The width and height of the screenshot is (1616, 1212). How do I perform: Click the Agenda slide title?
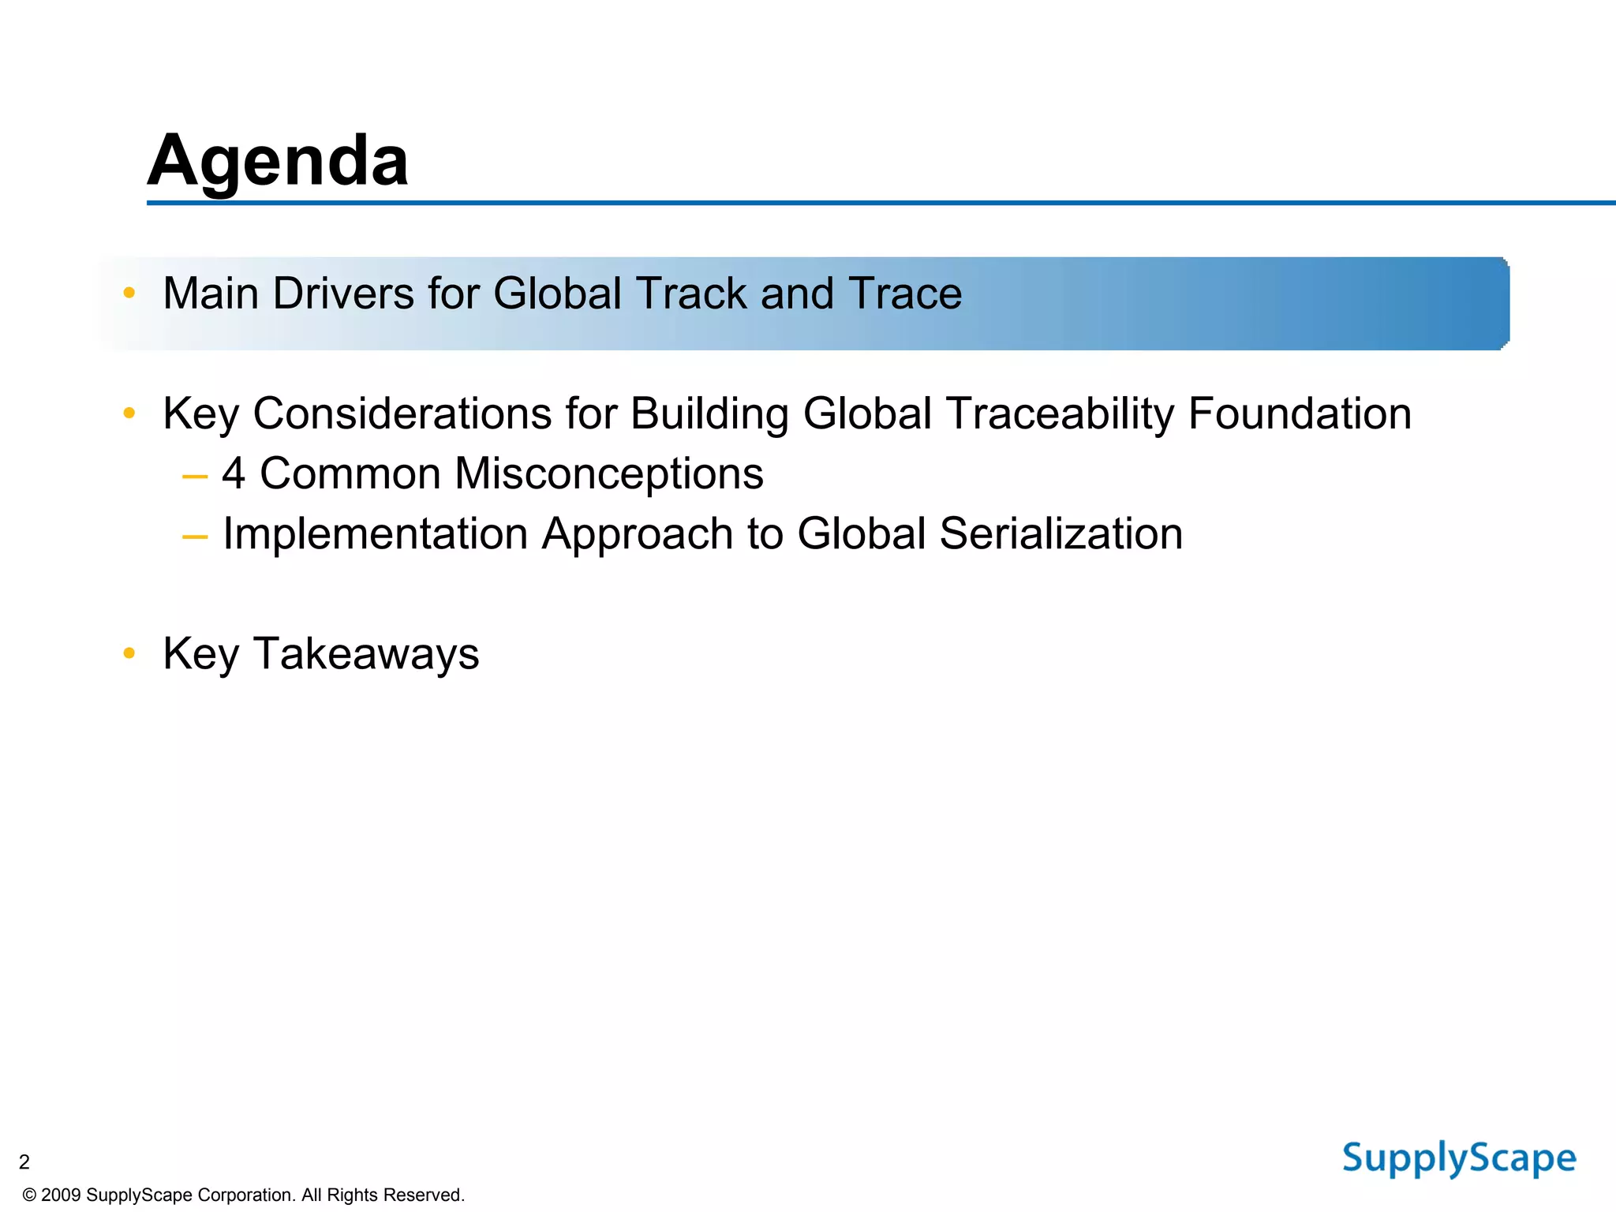click(x=278, y=161)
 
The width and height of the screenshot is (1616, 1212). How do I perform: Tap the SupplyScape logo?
click(x=1459, y=1159)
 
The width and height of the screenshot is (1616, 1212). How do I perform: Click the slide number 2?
click(x=24, y=1161)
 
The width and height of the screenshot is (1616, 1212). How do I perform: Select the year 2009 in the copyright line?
click(x=61, y=1195)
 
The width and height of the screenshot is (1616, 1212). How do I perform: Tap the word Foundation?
click(x=1300, y=413)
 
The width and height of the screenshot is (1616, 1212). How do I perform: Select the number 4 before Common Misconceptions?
click(x=234, y=473)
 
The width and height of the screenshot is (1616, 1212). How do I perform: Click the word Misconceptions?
click(x=608, y=473)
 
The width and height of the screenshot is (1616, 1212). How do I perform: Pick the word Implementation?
click(x=375, y=533)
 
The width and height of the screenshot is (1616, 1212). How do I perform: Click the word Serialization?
click(x=1060, y=533)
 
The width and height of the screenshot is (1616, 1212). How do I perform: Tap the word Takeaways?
click(x=365, y=653)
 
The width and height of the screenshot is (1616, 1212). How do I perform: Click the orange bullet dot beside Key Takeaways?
click(x=129, y=653)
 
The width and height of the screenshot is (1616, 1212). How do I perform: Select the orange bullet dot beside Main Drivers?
click(x=129, y=294)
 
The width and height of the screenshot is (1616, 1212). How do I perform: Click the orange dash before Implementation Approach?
click(x=194, y=537)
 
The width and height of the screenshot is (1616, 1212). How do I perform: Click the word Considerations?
click(x=402, y=413)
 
